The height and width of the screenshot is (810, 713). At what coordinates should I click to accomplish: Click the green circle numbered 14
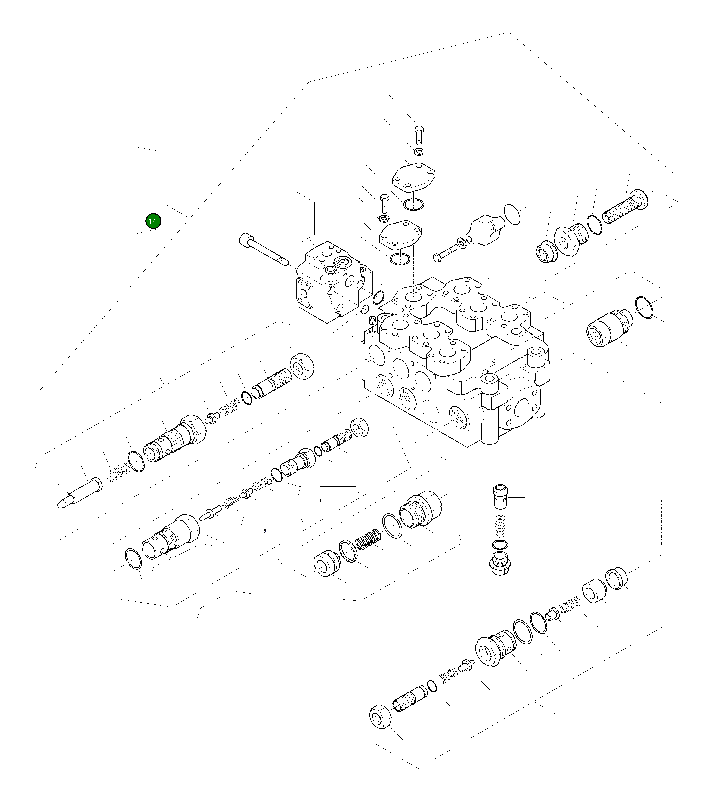153,221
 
